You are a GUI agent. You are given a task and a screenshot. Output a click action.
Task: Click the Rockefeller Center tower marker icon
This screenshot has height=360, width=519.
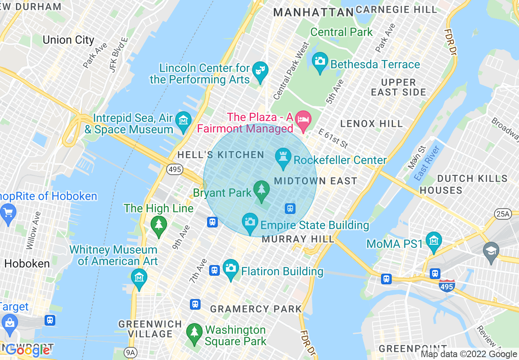tap(282, 157)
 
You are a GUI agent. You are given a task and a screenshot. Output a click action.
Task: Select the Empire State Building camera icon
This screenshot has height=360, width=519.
tap(250, 222)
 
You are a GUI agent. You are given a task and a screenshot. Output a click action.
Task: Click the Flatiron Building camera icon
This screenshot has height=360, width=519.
tap(231, 268)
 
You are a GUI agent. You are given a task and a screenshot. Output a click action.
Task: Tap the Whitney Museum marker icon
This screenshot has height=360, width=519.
tap(139, 277)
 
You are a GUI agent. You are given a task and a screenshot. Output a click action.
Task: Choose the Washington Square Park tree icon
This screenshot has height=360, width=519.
tap(194, 332)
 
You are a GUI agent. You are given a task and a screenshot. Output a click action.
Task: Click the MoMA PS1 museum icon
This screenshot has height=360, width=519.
tap(433, 241)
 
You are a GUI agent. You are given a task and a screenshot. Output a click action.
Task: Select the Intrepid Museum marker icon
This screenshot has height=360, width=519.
tap(183, 121)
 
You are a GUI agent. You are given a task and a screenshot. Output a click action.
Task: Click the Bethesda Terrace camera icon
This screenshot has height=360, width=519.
tap(320, 61)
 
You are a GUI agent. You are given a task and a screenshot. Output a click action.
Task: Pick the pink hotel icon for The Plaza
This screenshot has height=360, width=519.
tap(303, 119)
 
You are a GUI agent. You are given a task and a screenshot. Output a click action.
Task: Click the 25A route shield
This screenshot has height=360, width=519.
tap(503, 214)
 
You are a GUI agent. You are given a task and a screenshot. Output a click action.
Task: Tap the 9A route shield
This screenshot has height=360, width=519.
tap(130, 352)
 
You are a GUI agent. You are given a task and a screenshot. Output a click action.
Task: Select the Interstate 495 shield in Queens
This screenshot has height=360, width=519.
tap(447, 286)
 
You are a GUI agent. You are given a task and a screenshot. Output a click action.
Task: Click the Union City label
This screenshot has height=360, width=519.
tap(68, 40)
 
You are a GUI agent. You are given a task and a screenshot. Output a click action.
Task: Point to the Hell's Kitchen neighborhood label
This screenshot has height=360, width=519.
tap(221, 155)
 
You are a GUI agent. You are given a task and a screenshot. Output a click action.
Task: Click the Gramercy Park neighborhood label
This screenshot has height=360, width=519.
tap(256, 309)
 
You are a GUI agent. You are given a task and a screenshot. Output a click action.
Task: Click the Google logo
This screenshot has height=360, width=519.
tap(27, 350)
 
